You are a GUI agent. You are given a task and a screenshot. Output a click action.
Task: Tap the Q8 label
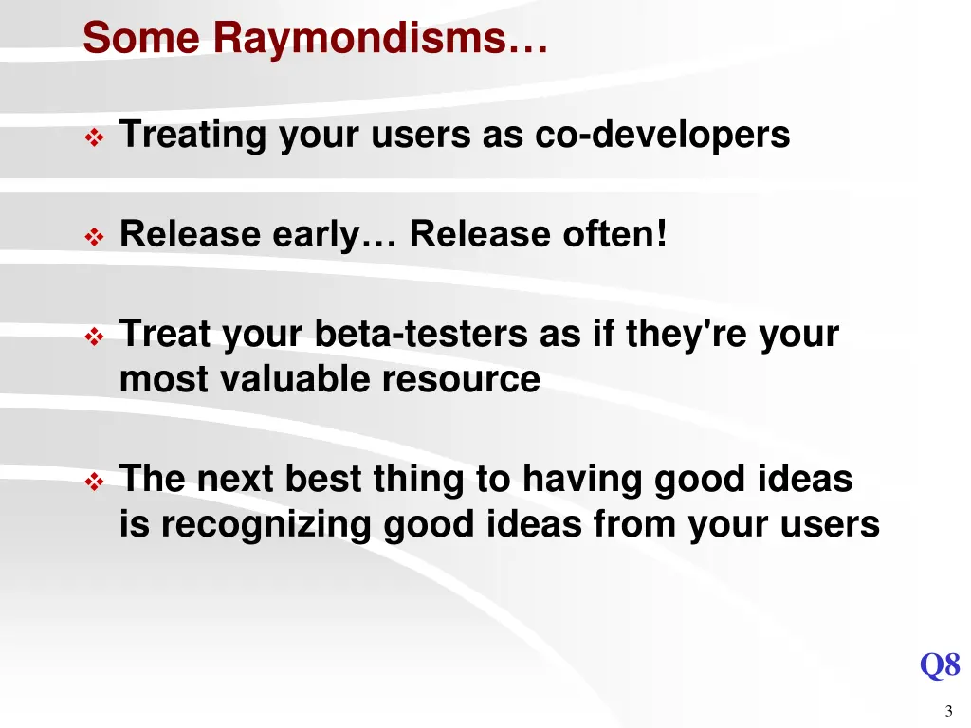click(939, 665)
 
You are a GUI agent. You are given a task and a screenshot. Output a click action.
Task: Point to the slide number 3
click(948, 713)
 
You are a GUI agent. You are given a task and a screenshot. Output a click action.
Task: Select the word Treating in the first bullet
click(192, 136)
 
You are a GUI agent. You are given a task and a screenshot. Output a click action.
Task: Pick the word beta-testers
click(422, 335)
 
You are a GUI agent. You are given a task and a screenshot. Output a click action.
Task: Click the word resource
click(462, 379)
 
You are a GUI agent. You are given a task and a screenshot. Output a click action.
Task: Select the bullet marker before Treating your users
click(95, 138)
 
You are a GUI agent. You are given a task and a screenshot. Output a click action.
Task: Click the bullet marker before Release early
click(95, 237)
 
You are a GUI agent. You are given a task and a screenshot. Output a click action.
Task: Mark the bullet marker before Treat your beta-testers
click(95, 337)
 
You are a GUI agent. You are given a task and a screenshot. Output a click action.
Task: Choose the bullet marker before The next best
click(95, 482)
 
